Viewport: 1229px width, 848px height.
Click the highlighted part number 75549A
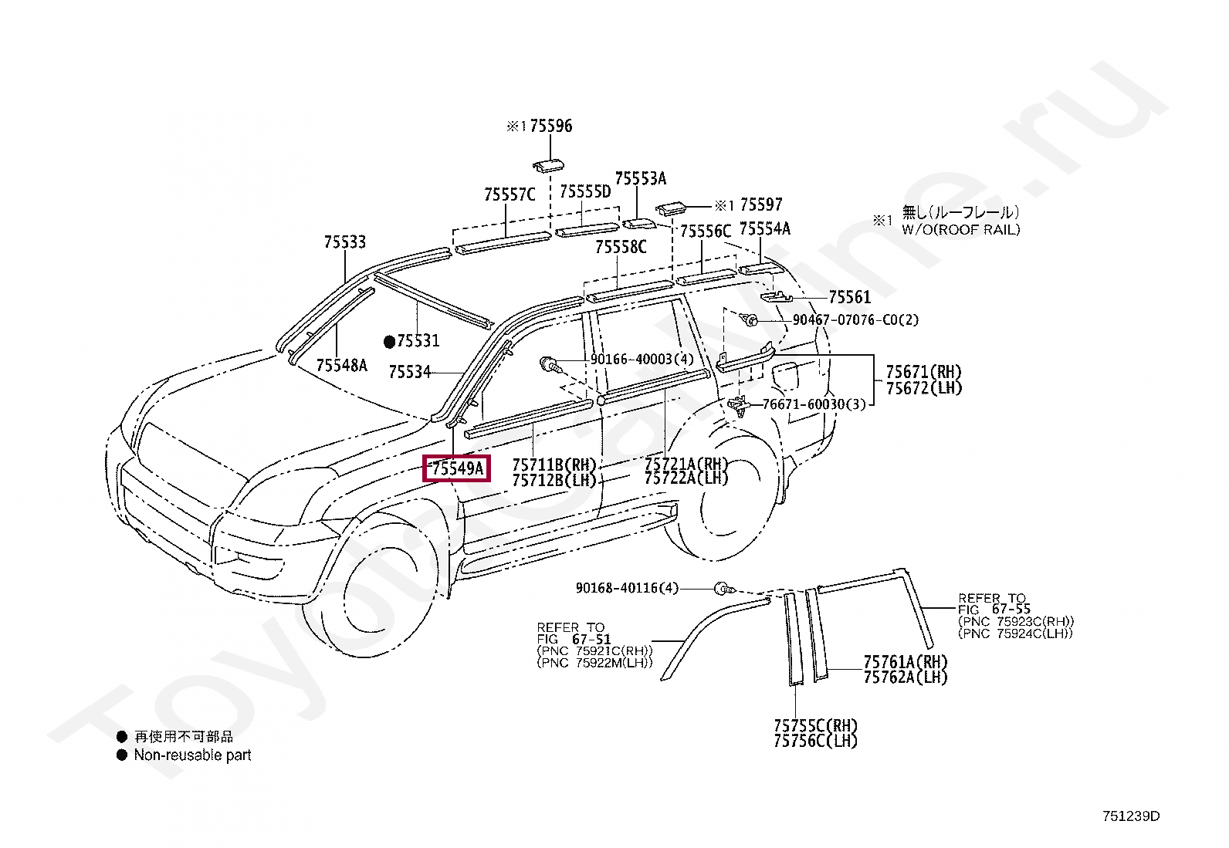point(456,468)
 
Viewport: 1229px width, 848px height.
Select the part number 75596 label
point(550,126)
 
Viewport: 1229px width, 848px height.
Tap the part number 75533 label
point(344,242)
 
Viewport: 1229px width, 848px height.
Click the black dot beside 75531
point(390,340)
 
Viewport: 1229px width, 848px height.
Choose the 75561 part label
point(849,297)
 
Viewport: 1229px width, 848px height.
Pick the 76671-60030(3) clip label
point(814,404)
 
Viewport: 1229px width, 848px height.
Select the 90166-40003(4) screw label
point(642,360)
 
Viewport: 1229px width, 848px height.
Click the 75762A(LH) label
point(905,677)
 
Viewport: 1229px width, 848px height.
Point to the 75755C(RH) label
point(815,725)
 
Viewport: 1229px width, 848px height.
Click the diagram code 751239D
point(1131,816)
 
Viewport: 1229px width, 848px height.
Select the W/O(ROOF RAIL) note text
point(960,229)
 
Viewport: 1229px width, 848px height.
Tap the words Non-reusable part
point(192,755)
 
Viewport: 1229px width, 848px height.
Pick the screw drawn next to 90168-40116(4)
point(723,589)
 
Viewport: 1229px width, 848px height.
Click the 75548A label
point(341,365)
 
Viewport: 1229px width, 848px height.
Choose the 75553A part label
point(640,179)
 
